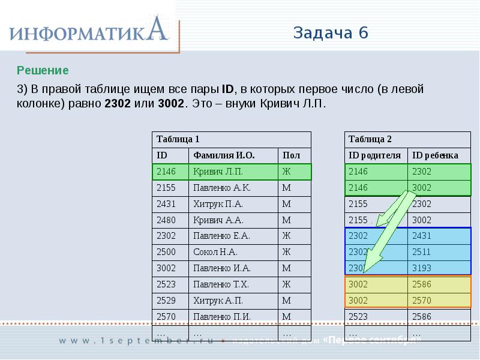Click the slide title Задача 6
(331, 32)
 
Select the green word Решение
(43, 71)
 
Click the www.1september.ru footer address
(137, 341)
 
